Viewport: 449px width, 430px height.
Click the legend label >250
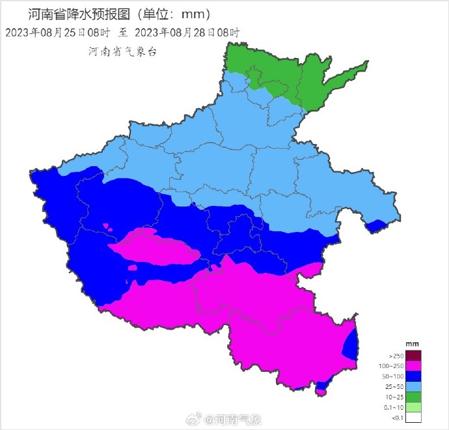tap(396, 356)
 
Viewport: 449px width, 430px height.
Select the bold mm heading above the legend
tap(411, 343)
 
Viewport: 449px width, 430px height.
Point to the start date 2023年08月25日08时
tap(58, 32)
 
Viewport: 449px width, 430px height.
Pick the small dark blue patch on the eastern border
tap(376, 226)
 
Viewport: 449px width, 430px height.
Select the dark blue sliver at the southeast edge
tap(351, 343)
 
